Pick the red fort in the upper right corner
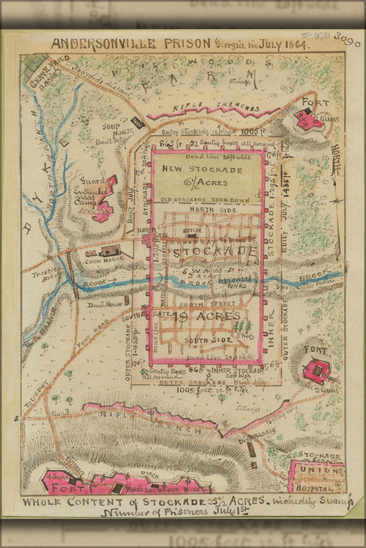click(306, 121)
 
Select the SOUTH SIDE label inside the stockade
click(210, 341)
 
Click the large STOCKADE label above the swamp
click(212, 252)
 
